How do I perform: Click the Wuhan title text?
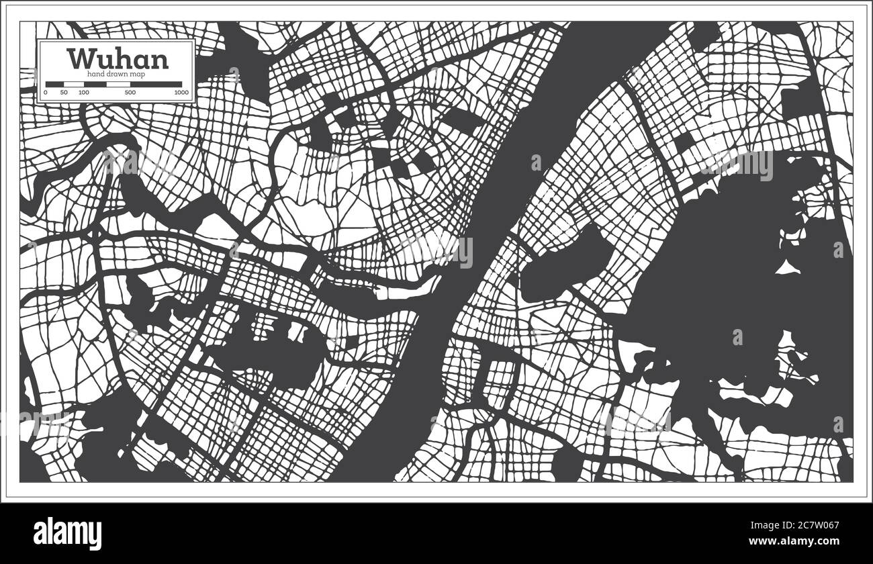pyautogui.click(x=118, y=59)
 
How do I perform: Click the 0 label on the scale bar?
pyautogui.click(x=46, y=92)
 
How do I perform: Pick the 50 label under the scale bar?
pyautogui.click(x=64, y=92)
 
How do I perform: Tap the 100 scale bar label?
pyautogui.click(x=84, y=92)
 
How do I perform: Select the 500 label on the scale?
pyautogui.click(x=130, y=92)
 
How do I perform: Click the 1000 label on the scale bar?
pyautogui.click(x=181, y=92)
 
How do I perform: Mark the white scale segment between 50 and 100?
pyautogui.click(x=74, y=85)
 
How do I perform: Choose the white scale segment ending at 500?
pyautogui.click(x=107, y=85)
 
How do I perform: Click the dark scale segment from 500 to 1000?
pyautogui.click(x=156, y=85)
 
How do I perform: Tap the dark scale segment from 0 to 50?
pyautogui.click(x=54, y=85)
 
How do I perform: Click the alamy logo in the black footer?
pyautogui.click(x=68, y=534)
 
